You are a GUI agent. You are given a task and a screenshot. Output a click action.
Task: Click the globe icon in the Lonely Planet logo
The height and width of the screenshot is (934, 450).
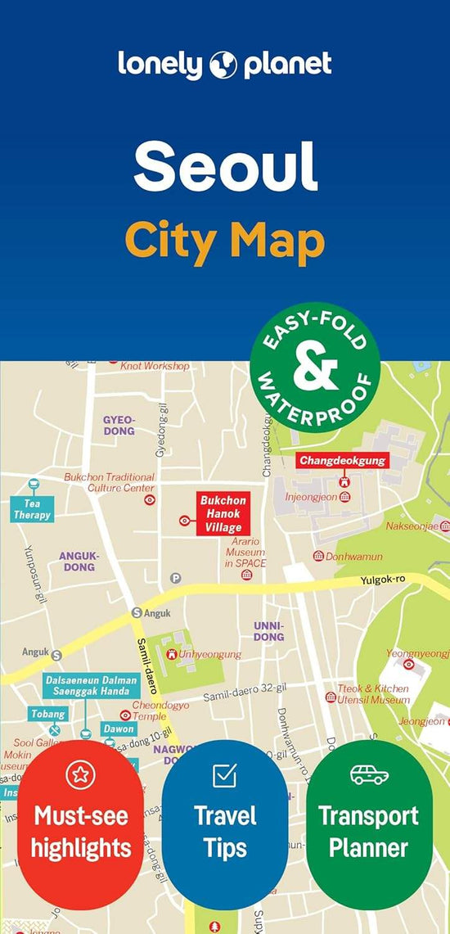[225, 64]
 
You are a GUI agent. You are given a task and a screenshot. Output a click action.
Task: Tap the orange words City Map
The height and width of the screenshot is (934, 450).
[224, 241]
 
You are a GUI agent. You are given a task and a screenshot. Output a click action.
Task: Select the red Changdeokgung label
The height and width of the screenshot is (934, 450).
[342, 461]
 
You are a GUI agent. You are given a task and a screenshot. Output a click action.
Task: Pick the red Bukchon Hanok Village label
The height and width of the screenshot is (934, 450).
[223, 514]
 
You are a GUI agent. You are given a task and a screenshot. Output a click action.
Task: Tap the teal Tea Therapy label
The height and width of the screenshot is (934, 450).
[32, 509]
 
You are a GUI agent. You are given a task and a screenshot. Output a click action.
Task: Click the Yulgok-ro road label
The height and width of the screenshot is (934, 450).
[383, 581]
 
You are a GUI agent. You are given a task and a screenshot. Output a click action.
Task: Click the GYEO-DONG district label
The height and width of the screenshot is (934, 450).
[119, 425]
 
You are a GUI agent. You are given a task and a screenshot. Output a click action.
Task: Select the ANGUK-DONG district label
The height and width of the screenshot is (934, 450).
[79, 561]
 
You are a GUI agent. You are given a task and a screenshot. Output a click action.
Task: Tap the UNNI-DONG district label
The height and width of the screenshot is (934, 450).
[268, 630]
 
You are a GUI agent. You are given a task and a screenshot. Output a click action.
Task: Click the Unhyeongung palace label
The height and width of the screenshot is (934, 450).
[209, 655]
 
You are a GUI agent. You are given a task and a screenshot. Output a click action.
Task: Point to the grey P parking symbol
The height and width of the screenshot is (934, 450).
[175, 578]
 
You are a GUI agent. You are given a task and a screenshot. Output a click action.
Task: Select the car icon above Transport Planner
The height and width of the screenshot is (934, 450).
[369, 774]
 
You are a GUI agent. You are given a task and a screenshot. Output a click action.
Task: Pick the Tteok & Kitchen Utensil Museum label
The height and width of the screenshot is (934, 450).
[373, 694]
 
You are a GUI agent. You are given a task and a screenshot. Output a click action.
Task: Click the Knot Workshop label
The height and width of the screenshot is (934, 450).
[155, 366]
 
